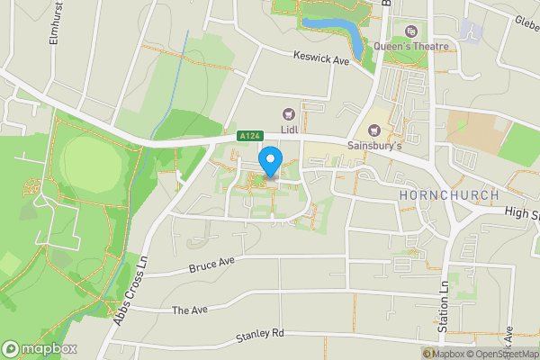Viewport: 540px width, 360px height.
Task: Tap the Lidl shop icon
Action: pyautogui.click(x=289, y=113)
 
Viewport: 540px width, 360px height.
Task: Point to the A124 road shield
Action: pyautogui.click(x=249, y=136)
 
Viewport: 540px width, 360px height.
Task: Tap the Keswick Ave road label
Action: pyautogui.click(x=320, y=58)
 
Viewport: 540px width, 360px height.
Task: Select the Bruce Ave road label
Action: pyautogui.click(x=211, y=265)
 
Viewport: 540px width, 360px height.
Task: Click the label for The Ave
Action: pyautogui.click(x=189, y=310)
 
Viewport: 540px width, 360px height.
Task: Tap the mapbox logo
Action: pyautogui.click(x=40, y=348)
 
